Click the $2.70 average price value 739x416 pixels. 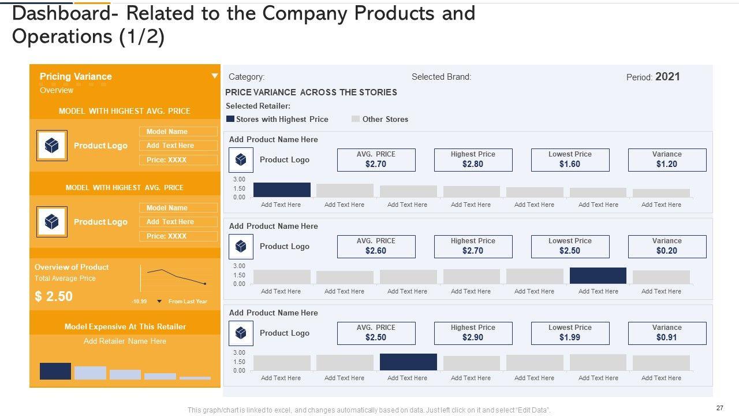376,164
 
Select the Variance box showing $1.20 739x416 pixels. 667,160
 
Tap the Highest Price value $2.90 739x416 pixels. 473,337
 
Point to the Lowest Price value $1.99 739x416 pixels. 570,337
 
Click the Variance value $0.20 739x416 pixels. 667,251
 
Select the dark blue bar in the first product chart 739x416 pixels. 282,190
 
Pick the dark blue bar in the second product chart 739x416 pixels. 598,276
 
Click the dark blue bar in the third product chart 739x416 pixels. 408,362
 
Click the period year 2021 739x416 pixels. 667,76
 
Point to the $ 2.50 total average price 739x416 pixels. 54,296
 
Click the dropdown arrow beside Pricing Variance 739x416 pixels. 215,76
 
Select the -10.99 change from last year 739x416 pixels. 139,302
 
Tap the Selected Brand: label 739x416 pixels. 441,76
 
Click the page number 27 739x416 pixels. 719,408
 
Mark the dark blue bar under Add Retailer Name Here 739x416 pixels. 55,371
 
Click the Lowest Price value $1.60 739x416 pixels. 570,164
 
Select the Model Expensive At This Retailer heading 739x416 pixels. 125,326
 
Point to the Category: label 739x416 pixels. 247,76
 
